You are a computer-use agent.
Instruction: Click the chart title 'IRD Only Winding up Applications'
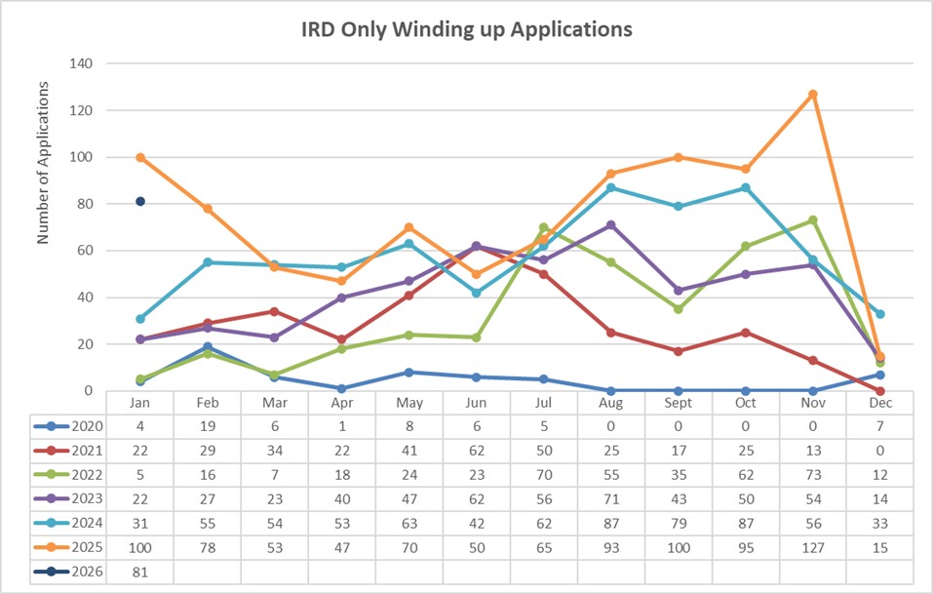(466, 29)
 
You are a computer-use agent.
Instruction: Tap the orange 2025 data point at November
(813, 95)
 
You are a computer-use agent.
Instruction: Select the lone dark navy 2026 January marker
(140, 202)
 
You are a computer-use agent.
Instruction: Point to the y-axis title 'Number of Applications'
(43, 161)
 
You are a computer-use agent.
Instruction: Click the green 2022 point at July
(544, 227)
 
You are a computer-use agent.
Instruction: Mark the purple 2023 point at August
(611, 225)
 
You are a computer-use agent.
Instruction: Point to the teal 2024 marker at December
(880, 314)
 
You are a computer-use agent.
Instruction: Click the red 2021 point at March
(275, 312)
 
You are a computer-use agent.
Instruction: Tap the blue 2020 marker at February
(208, 346)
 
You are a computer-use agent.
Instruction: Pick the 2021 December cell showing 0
(879, 449)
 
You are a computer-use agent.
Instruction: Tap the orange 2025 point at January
(140, 157)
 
